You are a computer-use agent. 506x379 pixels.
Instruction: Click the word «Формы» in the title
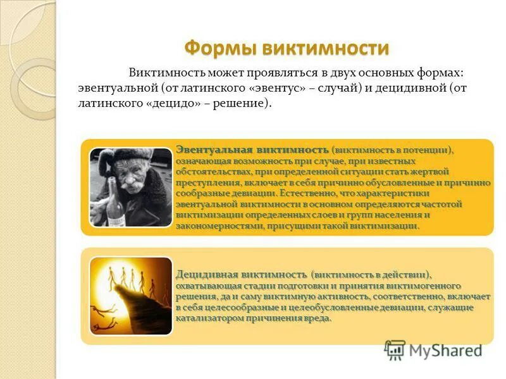(x=213, y=48)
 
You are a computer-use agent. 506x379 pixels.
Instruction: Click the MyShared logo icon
(x=395, y=349)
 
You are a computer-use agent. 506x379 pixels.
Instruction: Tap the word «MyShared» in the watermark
(x=446, y=350)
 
